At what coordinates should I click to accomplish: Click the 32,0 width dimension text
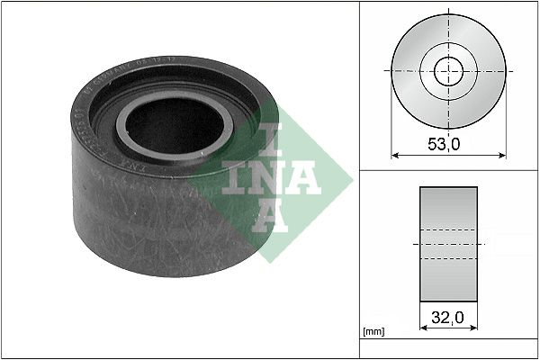(448, 318)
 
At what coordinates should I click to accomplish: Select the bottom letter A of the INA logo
(267, 217)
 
